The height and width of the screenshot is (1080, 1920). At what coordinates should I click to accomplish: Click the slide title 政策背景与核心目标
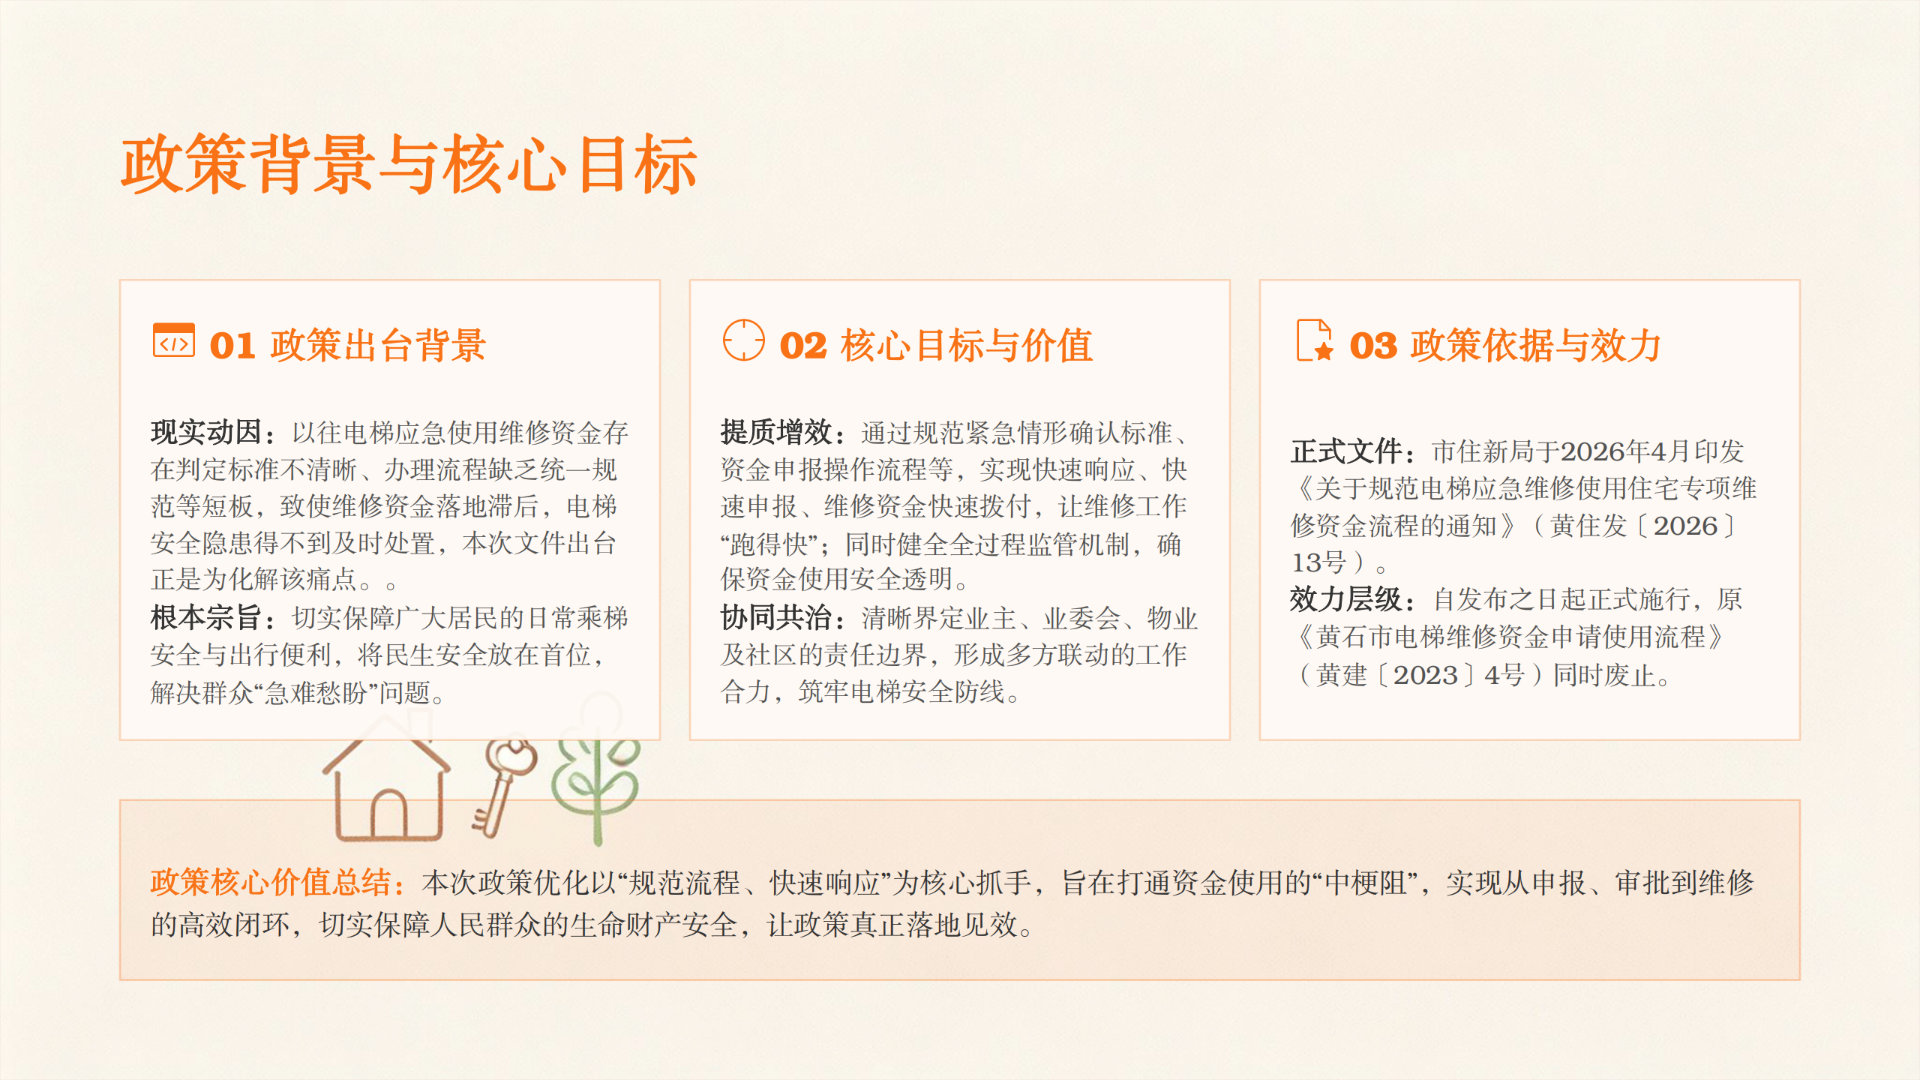[x=409, y=165]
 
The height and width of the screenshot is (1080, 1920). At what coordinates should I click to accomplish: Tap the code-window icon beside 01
[x=173, y=340]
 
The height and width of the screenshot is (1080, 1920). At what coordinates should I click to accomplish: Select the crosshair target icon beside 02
[x=743, y=340]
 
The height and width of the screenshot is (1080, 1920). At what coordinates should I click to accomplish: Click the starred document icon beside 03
[x=1315, y=340]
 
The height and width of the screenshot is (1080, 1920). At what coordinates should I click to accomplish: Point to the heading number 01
[x=232, y=346]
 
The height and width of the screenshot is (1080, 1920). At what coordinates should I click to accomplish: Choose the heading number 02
[x=803, y=346]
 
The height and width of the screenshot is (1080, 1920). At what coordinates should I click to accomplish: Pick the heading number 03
[x=1373, y=346]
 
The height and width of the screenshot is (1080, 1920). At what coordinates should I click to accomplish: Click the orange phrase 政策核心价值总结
[x=270, y=883]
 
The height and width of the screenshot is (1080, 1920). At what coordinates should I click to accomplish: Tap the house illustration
[x=387, y=780]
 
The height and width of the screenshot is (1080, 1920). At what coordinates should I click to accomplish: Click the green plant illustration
[x=596, y=772]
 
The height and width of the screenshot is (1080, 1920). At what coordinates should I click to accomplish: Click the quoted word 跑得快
[x=769, y=544]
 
